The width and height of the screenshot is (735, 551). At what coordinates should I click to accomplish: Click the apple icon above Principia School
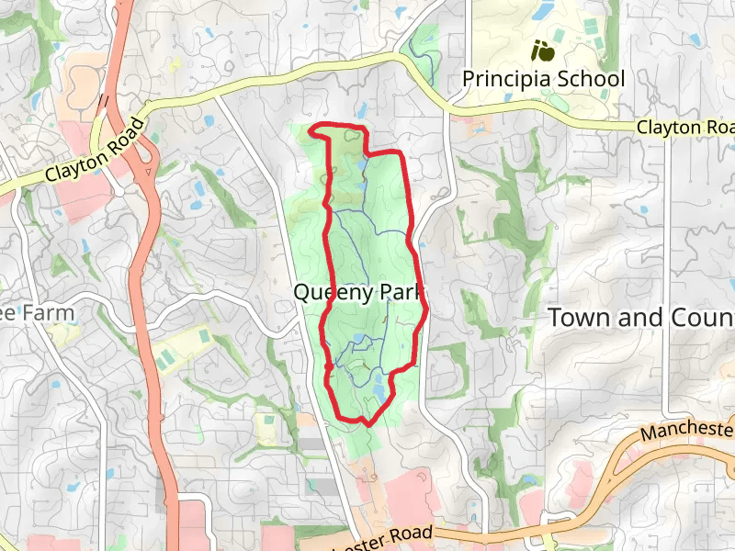[542, 50]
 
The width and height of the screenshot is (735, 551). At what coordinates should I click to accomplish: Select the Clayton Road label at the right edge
[685, 129]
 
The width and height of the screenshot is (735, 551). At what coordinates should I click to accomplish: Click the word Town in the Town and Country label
[580, 318]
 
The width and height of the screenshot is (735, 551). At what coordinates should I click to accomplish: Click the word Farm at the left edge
[42, 312]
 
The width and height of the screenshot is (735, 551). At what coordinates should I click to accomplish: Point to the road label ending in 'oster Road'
[386, 538]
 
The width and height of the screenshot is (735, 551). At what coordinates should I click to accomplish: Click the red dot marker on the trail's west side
[328, 366]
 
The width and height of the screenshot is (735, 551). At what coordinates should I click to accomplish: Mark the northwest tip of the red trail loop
[313, 129]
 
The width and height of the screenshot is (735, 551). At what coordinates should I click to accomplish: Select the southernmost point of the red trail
[367, 423]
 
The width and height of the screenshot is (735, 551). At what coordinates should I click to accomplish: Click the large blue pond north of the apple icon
[542, 12]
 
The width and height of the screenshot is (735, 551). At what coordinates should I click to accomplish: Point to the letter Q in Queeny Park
[302, 293]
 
